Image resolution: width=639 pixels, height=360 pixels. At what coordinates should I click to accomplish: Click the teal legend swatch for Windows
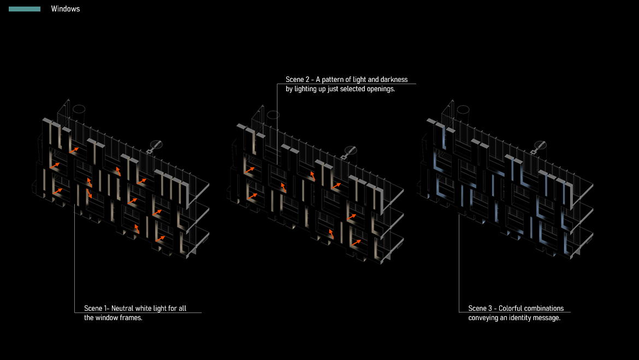click(25, 9)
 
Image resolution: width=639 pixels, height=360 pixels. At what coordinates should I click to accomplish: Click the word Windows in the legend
click(66, 9)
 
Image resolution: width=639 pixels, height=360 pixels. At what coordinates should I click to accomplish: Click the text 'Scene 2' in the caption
click(297, 80)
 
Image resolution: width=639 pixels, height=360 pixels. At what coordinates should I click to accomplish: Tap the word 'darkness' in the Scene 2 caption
click(394, 80)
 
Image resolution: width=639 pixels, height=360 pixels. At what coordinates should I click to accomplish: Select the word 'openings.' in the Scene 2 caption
click(380, 89)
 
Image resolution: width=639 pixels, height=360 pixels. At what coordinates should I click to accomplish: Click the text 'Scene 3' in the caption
click(480, 309)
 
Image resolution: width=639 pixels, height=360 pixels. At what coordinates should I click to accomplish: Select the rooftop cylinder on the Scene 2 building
click(273, 116)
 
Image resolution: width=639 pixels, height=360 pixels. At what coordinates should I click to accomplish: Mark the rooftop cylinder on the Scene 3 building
click(463, 110)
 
